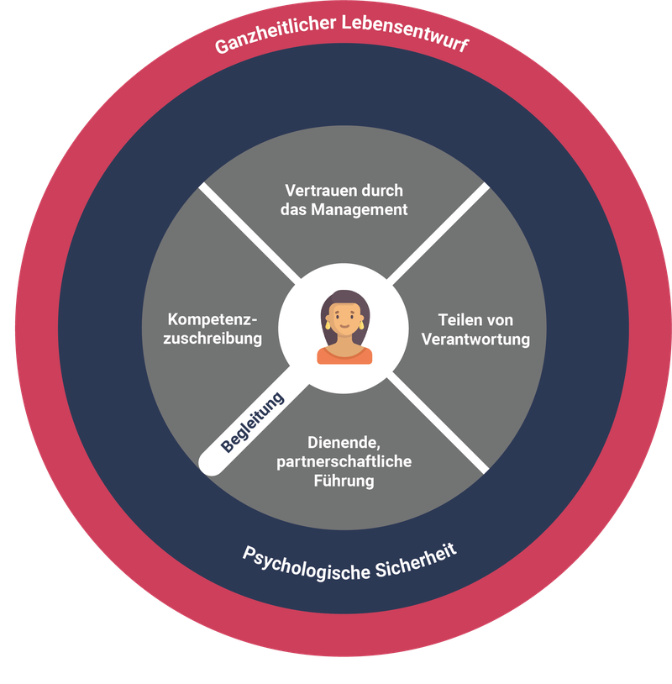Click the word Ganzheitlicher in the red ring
pos(276,34)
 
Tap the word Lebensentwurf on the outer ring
pos(406,31)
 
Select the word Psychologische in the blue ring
pos(306,565)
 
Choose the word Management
pos(360,210)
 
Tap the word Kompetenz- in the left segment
pos(213,320)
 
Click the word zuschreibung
pos(213,339)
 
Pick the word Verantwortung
pos(475,339)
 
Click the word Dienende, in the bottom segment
pos(344,443)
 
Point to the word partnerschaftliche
pos(344,461)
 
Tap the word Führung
pos(344,481)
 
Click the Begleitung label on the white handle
pos(252,422)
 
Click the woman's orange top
pos(344,355)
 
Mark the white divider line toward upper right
pos(438,233)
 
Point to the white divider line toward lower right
pos(438,424)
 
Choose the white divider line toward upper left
pos(249,232)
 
